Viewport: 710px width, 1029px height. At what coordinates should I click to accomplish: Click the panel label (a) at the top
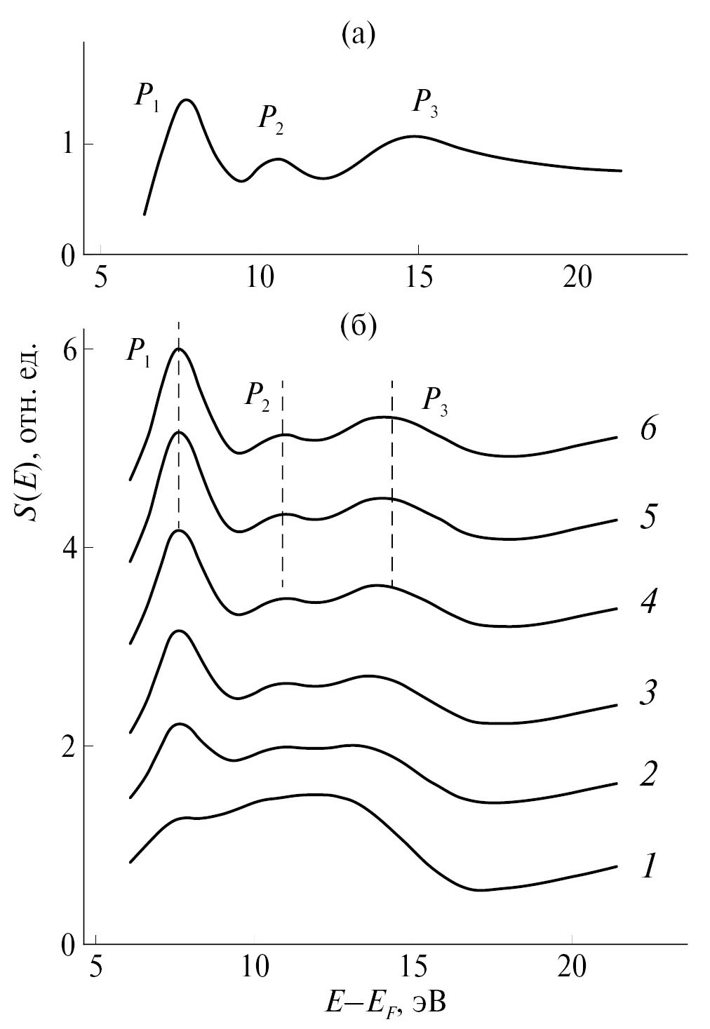(359, 33)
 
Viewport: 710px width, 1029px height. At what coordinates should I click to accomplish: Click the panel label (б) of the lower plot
(359, 326)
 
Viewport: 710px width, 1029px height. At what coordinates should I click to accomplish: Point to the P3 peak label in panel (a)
(426, 103)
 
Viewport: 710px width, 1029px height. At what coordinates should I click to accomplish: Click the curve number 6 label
(647, 429)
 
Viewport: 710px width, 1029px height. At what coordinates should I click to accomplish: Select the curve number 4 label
(647, 603)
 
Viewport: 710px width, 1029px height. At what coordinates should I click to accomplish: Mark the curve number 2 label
(647, 774)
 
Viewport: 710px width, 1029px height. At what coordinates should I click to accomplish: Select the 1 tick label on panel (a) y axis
(69, 144)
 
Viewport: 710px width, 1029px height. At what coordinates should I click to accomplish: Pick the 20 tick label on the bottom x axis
(572, 965)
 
